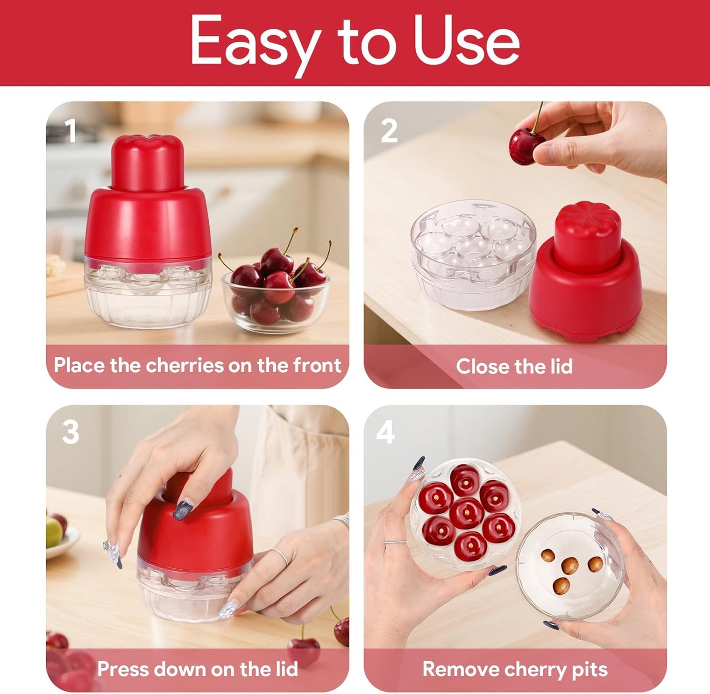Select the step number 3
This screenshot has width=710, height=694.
[x=71, y=433]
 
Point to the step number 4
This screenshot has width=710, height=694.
[x=385, y=433]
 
